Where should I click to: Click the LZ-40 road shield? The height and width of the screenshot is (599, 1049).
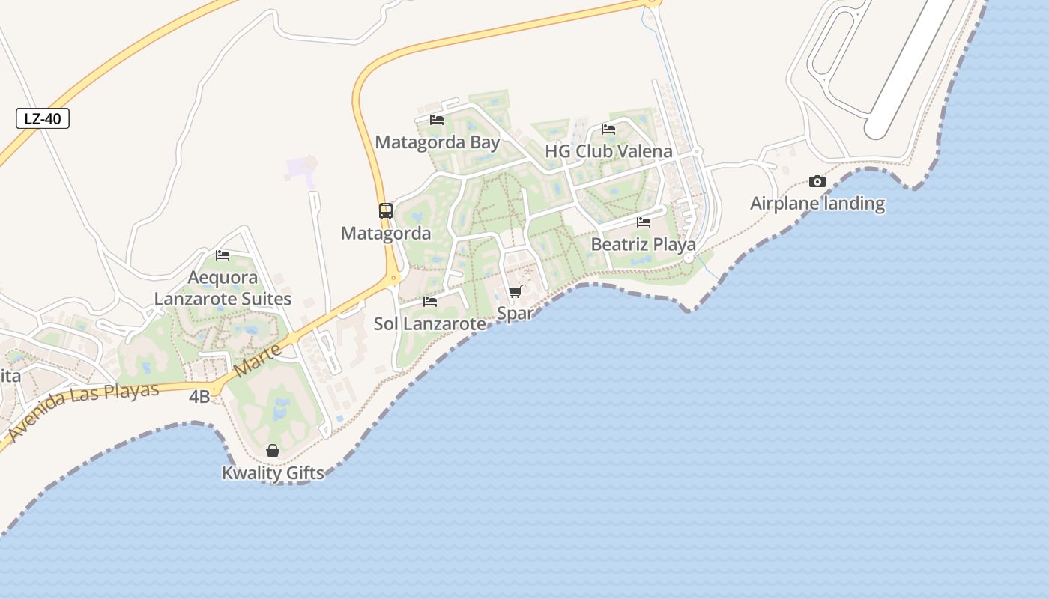[43, 118]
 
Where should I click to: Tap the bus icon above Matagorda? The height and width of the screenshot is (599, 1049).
[386, 211]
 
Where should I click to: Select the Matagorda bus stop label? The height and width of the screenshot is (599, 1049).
[386, 234]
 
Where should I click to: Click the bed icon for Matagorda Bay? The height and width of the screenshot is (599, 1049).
[437, 120]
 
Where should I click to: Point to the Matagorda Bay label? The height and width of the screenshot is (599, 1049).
[438, 142]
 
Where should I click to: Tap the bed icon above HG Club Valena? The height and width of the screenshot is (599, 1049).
[608, 129]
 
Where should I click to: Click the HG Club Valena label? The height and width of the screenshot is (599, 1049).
[608, 151]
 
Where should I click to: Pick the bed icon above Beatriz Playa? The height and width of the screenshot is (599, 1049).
[644, 222]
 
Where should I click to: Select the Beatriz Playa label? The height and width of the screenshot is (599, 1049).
[644, 245]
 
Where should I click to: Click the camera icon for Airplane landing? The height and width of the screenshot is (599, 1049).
[817, 181]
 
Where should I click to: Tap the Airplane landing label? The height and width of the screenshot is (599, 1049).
[817, 204]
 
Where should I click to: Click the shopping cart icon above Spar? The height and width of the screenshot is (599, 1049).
[515, 291]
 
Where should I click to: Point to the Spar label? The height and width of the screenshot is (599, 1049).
[515, 314]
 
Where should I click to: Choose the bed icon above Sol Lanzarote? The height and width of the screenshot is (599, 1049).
[430, 302]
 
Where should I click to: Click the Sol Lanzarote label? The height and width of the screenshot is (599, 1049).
[430, 324]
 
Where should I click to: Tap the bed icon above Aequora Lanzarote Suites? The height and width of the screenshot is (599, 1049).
[223, 255]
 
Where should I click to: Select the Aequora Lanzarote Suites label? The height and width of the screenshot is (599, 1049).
[223, 288]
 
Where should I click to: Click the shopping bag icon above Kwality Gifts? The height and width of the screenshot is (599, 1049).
[273, 451]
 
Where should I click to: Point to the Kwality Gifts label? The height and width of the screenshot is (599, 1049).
[273, 473]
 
